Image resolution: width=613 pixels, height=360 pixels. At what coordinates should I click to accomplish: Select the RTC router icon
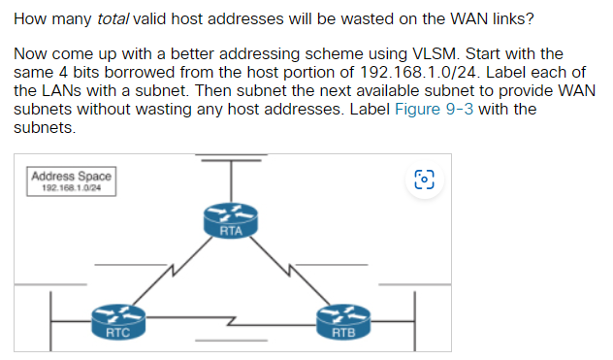point(117,316)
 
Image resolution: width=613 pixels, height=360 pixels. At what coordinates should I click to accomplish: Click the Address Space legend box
point(72,181)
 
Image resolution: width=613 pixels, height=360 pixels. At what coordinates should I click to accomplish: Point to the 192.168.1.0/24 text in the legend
point(72,189)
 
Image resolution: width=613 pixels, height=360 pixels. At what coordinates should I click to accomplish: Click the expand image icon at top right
point(425,180)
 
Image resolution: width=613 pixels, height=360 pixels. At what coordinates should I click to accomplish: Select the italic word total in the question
point(113,18)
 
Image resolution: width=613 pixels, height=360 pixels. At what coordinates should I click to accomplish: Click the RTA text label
point(230,231)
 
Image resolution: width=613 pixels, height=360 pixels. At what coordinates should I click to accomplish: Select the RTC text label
point(117,333)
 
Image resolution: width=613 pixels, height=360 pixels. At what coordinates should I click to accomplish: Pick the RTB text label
point(343,333)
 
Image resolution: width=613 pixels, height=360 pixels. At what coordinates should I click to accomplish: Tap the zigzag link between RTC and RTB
point(230,318)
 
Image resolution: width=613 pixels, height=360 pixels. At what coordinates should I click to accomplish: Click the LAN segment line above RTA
point(230,155)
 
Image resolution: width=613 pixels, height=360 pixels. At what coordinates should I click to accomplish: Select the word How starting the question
point(29,18)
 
